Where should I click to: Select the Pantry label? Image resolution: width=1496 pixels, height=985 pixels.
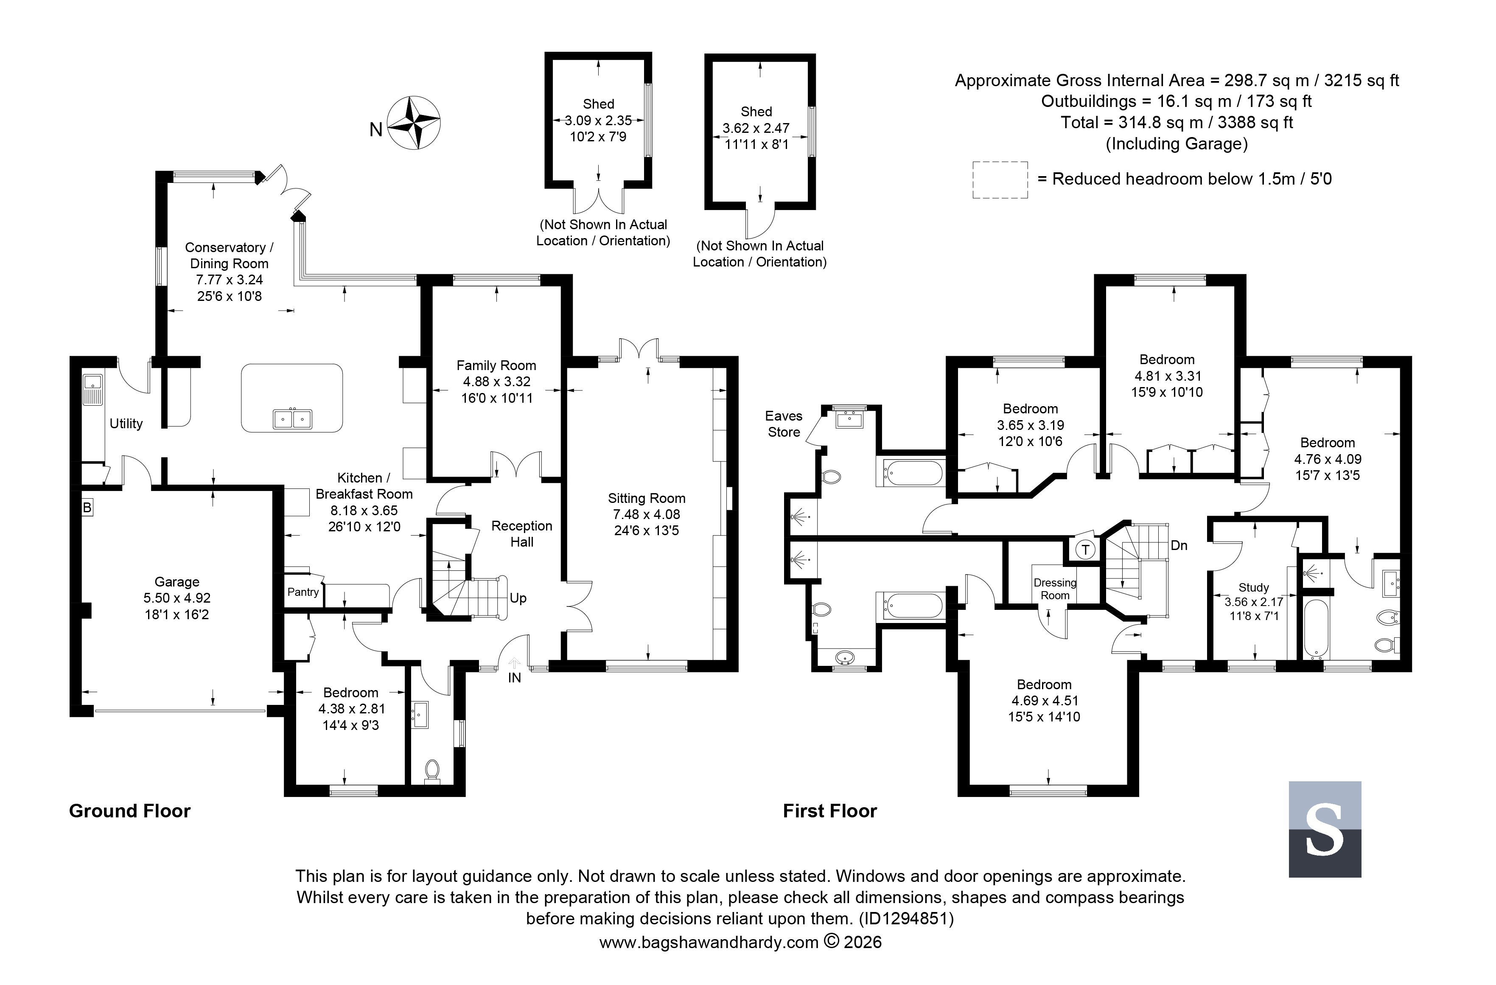pyautogui.click(x=303, y=592)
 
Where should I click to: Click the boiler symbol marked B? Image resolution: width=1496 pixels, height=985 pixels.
pyautogui.click(x=87, y=507)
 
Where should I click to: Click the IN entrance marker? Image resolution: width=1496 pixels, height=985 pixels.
pyautogui.click(x=514, y=678)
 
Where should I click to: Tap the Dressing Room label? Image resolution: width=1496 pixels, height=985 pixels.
pyautogui.click(x=1055, y=589)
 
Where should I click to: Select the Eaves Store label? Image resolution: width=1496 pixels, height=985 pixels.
pyautogui.click(x=783, y=424)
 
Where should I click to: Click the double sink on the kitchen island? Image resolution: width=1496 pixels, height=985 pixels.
pyautogui.click(x=292, y=418)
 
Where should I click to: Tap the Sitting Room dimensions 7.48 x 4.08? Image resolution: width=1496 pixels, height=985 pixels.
pyautogui.click(x=646, y=514)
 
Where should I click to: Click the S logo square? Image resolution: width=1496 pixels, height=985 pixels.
pyautogui.click(x=1325, y=829)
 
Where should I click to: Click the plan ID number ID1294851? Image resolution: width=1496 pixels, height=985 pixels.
pyautogui.click(x=906, y=919)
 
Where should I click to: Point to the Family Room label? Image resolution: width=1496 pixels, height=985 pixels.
pyautogui.click(x=496, y=365)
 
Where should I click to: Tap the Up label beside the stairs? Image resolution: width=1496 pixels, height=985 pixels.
pyautogui.click(x=518, y=598)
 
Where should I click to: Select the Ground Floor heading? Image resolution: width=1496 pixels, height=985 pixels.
pyautogui.click(x=129, y=811)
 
